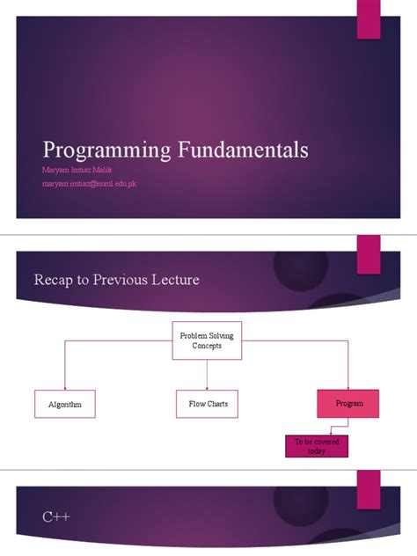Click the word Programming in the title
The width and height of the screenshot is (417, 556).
[x=97, y=150]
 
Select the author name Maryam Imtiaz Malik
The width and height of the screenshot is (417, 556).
[x=77, y=169]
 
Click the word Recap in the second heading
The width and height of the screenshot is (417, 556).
[x=52, y=281]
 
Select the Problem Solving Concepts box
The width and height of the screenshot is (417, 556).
[x=207, y=340]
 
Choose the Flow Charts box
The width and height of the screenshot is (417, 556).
[x=207, y=404]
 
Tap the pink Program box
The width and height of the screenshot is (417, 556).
[x=349, y=403]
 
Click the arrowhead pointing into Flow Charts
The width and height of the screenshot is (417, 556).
[x=207, y=387]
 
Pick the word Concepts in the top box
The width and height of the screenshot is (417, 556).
[x=207, y=346]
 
